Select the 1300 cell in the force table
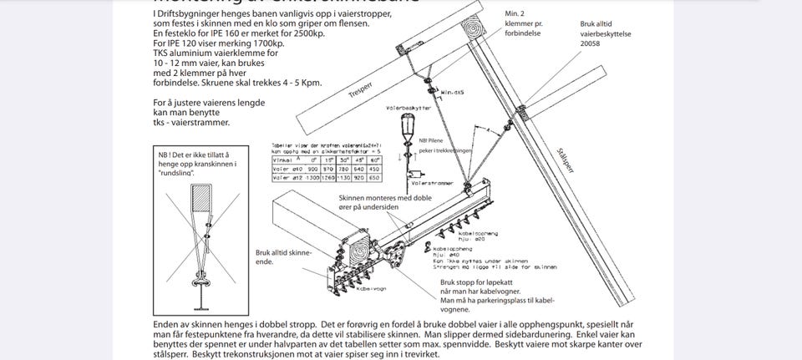tap(311, 177)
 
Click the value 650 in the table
tap(374, 177)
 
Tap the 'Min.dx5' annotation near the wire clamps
tap(452, 92)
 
